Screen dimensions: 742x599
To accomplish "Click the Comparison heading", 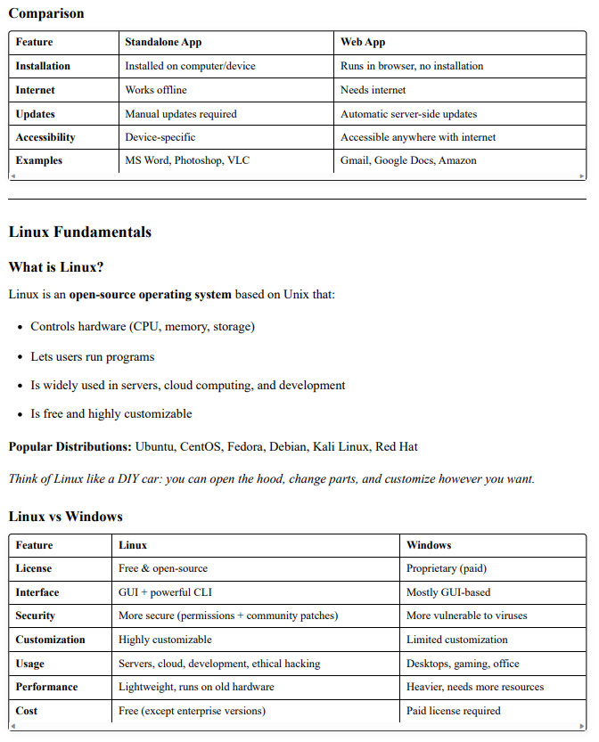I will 46,13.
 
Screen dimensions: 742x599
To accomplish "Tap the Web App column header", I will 363,42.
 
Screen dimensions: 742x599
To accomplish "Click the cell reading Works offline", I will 156,90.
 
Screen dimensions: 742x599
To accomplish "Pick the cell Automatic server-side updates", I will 408,114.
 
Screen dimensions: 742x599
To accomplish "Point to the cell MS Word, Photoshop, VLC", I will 187,160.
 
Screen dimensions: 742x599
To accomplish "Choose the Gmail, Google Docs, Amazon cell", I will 408,160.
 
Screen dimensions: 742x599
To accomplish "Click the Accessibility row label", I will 45,137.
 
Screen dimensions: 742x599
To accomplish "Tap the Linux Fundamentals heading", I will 80,232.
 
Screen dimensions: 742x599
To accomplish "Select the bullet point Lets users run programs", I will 93,356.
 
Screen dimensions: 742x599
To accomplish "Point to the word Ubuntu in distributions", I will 156,446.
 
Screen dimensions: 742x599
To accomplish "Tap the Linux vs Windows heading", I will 66,517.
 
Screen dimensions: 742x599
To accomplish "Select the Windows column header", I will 429,544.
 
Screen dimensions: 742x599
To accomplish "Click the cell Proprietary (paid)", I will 447,568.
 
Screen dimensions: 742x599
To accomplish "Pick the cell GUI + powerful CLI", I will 165,592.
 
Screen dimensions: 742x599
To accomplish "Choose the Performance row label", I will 46,687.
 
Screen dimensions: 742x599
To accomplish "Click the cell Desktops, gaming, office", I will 463,664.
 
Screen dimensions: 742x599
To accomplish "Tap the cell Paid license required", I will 454,711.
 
